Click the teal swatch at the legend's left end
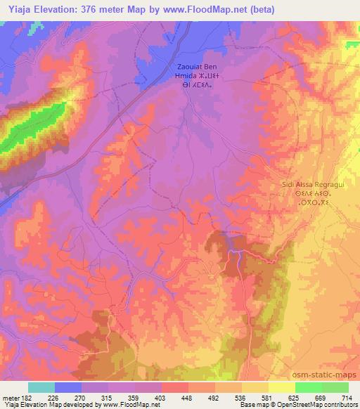click(41, 387)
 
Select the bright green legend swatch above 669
click(308, 387)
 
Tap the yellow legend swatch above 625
click(281, 387)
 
